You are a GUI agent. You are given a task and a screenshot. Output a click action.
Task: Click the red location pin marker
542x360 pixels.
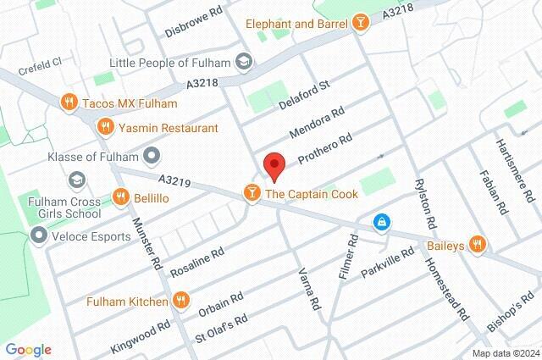tap(273, 165)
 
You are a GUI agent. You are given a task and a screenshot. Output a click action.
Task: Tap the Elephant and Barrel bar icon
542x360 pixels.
tap(360, 24)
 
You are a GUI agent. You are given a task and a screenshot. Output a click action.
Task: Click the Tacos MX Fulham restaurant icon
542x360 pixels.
tap(70, 103)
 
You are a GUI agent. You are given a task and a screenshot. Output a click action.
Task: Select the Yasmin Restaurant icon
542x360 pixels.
tap(106, 127)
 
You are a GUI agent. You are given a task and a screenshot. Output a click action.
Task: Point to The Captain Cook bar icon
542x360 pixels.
tap(252, 194)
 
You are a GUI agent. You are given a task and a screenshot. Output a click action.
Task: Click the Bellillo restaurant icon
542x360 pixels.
tap(121, 197)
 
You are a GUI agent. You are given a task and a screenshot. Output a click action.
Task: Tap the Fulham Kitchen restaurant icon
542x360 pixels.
tap(180, 301)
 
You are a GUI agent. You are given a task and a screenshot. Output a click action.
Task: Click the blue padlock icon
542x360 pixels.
tap(383, 222)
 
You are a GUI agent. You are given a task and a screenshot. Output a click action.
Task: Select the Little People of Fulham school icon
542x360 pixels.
tap(244, 62)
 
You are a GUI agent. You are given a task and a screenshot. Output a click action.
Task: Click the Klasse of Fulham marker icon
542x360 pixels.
tap(152, 155)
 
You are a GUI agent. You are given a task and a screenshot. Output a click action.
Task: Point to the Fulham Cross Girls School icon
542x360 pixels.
tap(77, 180)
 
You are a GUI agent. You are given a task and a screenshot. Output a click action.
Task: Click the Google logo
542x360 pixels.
tap(28, 350)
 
